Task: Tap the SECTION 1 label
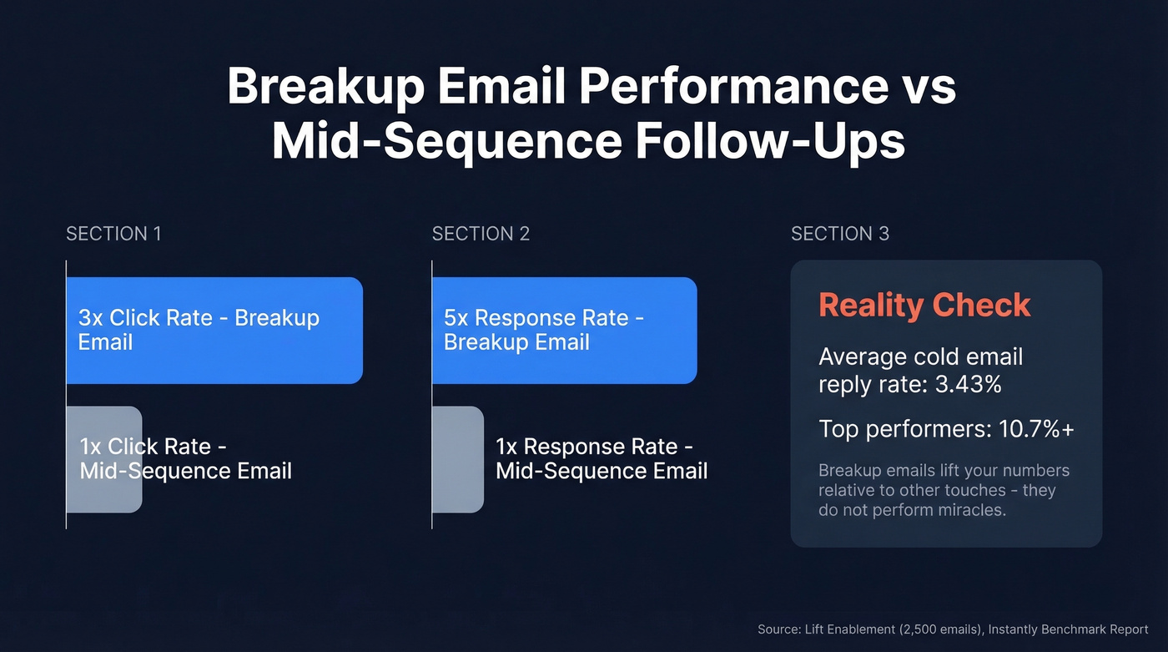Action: pos(113,234)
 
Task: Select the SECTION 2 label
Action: pos(481,234)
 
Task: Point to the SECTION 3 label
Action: pos(839,234)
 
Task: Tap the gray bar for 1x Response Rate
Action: pos(457,459)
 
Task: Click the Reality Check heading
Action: pos(924,305)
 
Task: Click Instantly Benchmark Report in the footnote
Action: pos(1070,629)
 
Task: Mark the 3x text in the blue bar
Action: pos(91,318)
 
